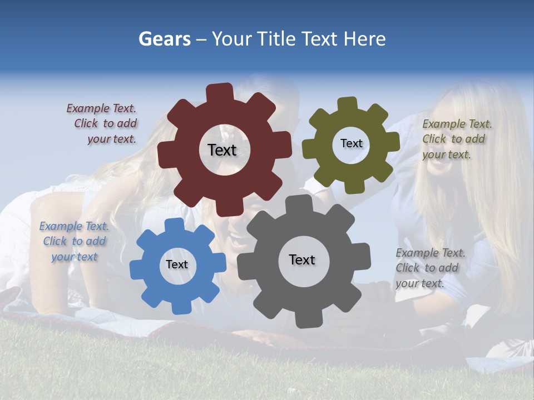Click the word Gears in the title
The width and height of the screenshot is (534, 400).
coord(164,39)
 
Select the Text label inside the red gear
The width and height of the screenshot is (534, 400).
coord(222,150)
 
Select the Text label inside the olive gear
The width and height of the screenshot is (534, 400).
coord(351,143)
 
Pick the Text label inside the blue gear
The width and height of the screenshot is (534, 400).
coord(177,264)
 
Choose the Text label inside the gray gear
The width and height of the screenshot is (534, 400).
coord(302,259)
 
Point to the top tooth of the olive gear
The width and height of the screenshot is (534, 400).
coord(348,104)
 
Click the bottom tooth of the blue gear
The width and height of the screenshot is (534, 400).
coord(179,307)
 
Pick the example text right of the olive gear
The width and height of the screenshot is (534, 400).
coord(456,139)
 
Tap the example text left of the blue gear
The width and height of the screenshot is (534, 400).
coord(74,241)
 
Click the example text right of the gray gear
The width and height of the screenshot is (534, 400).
coord(429,268)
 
